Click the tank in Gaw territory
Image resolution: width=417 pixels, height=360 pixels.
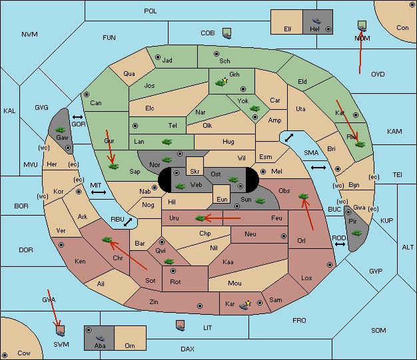(61, 130)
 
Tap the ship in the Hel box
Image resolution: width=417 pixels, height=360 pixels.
(316, 21)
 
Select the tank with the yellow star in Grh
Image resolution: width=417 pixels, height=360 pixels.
(220, 83)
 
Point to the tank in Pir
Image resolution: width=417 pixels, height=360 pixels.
(356, 233)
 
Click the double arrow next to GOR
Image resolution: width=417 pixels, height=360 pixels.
(78, 117)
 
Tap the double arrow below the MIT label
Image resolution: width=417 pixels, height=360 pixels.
(99, 192)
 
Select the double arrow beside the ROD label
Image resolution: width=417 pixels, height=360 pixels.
(340, 244)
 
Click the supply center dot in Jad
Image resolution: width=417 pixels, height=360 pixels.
(158, 57)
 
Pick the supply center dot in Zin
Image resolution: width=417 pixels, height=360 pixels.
(200, 306)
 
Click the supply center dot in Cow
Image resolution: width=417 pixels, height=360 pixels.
(5, 355)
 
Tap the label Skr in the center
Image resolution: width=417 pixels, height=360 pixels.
(195, 172)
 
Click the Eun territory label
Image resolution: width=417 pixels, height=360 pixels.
(222, 199)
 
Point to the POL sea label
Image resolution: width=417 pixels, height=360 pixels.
(151, 11)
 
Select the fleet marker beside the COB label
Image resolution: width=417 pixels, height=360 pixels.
(227, 33)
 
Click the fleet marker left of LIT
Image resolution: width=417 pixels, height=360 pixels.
(181, 325)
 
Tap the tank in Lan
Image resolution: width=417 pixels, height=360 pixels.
(167, 142)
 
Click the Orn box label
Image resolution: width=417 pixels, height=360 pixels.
(130, 345)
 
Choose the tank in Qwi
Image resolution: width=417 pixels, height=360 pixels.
(169, 262)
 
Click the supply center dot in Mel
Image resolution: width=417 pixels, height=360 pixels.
(263, 172)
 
